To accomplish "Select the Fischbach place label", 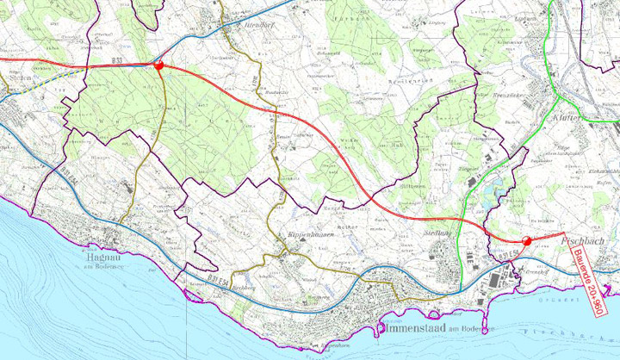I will (589, 244).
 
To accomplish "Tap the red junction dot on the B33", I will (158, 65).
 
